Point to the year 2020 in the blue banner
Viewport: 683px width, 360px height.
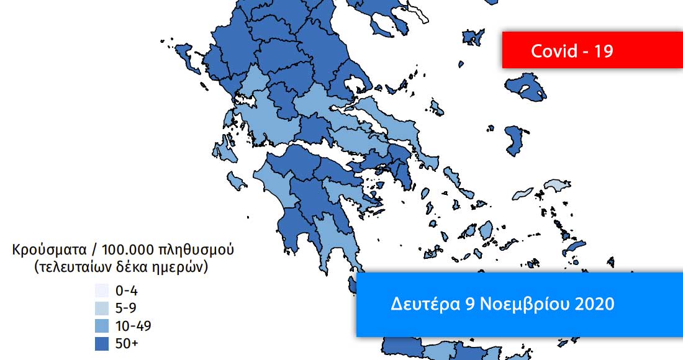[x=594, y=304]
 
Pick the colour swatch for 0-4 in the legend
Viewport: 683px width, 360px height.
[x=102, y=290]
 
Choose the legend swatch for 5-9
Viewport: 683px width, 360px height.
[x=102, y=308]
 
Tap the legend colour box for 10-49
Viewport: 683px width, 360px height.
[x=102, y=325]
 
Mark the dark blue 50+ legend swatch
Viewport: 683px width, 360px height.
[x=102, y=343]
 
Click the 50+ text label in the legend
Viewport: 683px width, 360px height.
[x=126, y=343]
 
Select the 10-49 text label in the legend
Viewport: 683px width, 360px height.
[x=133, y=325]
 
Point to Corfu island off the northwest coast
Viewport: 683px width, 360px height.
[x=183, y=52]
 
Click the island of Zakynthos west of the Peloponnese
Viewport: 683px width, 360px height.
[x=236, y=181]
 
